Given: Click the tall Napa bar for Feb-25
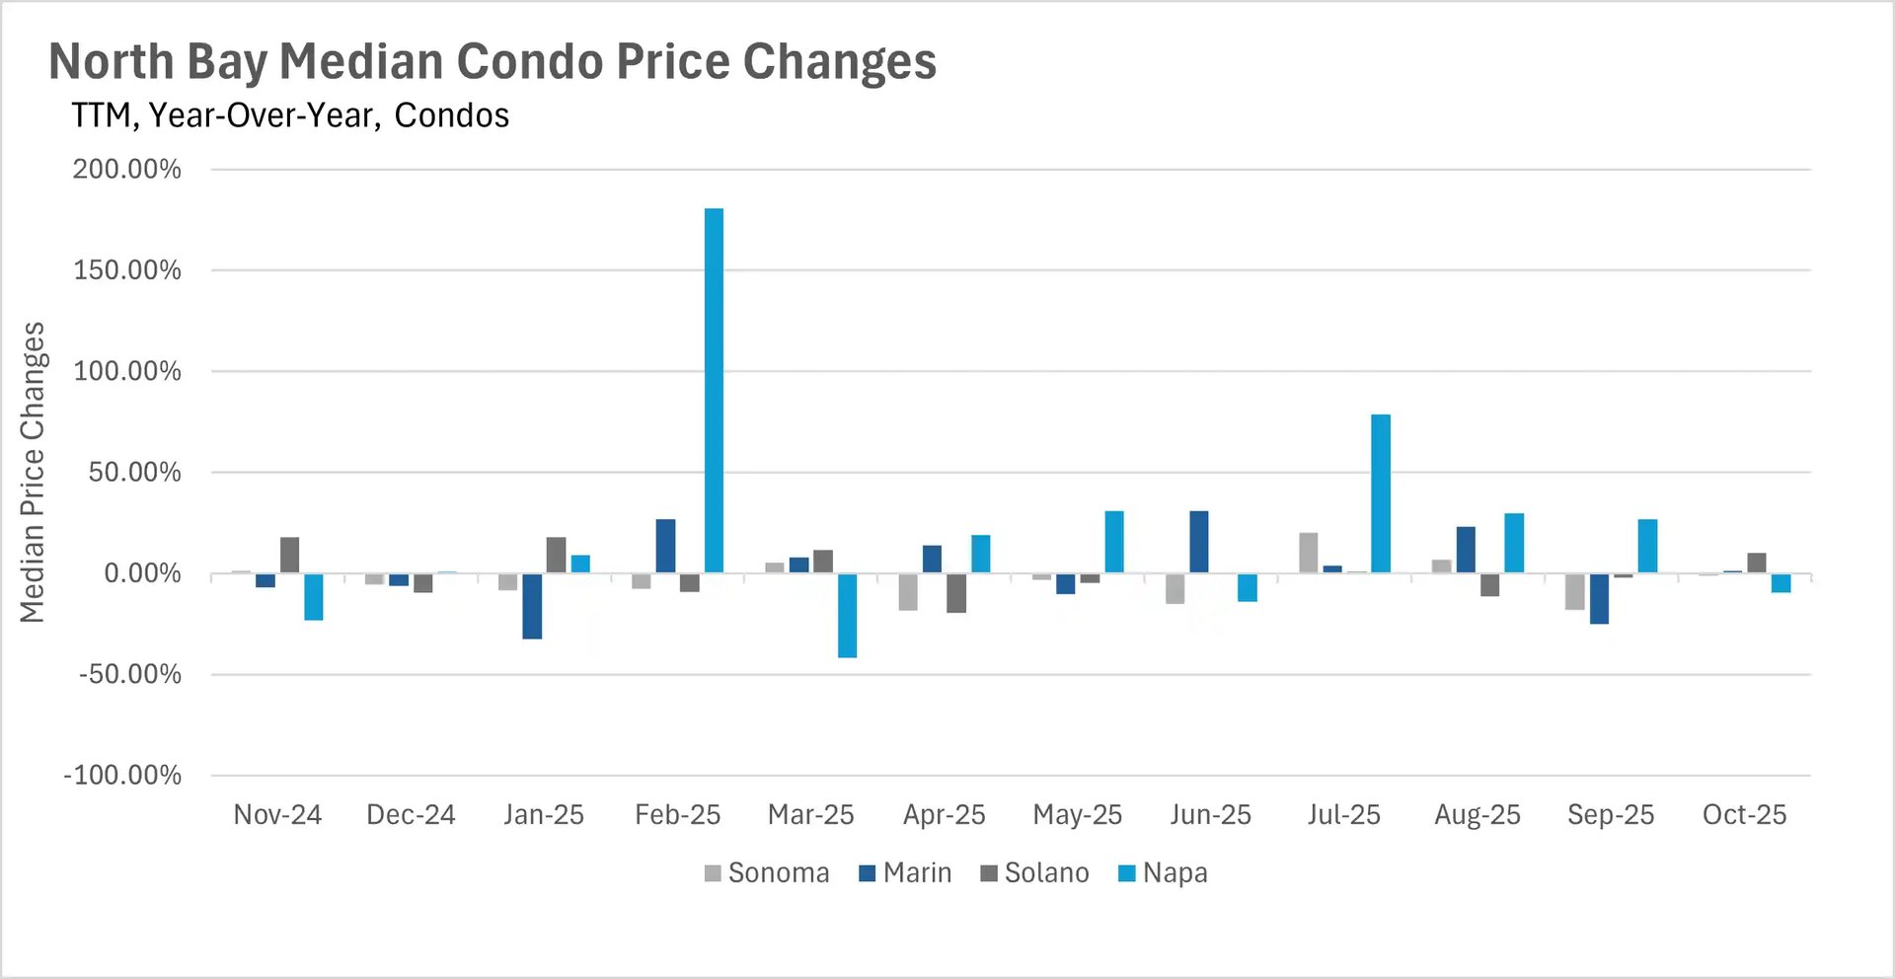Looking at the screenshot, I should click(x=714, y=390).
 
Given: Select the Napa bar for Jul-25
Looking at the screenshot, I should click(x=1381, y=493).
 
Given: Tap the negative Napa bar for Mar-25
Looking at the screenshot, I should click(x=847, y=615).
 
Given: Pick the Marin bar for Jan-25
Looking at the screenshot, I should click(x=532, y=606).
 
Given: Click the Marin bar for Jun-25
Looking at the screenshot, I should click(x=1199, y=542).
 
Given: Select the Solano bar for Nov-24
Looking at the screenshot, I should click(x=289, y=555).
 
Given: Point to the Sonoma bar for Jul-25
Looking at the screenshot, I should click(x=1308, y=553).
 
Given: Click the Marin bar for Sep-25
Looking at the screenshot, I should click(x=1599, y=598).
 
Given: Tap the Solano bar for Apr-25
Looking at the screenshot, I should click(x=955, y=593).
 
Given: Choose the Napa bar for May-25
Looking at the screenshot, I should click(x=1113, y=542).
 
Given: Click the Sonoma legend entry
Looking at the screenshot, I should click(x=767, y=873).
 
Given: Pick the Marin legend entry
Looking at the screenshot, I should click(x=905, y=873).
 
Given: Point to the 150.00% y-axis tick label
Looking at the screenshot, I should click(x=127, y=270).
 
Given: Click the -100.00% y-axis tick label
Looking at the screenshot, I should click(x=122, y=776).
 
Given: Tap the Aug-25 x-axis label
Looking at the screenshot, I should click(x=1477, y=815).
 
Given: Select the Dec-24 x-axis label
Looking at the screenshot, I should click(x=411, y=815).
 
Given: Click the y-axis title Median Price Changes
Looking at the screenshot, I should click(x=33, y=472).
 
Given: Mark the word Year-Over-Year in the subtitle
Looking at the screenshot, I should click(x=264, y=116).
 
